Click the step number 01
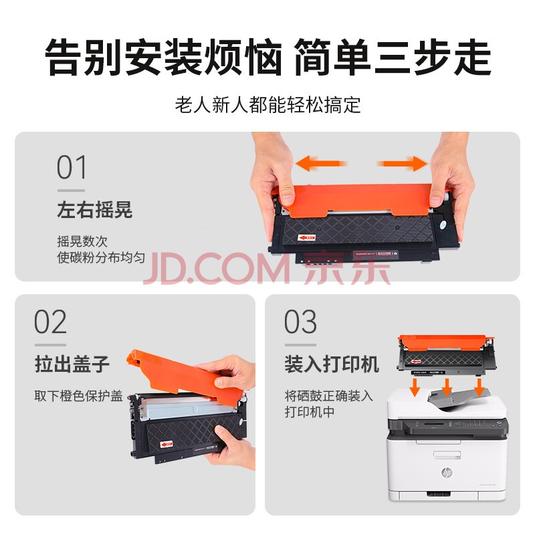click(x=72, y=167)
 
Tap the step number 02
click(x=51, y=322)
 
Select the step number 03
click(x=300, y=322)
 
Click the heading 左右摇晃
click(x=94, y=209)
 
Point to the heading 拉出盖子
click(x=72, y=364)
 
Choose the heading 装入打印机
click(x=332, y=364)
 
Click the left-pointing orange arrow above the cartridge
click(x=321, y=163)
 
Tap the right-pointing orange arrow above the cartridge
click(x=402, y=163)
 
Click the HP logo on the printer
click(x=447, y=472)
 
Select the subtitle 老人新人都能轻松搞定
click(x=268, y=104)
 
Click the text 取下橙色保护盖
click(x=78, y=396)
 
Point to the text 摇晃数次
click(x=82, y=241)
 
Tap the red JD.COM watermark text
click(x=217, y=268)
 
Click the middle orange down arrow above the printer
click(x=447, y=387)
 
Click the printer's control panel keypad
click(x=477, y=424)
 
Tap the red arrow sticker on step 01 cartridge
click(x=306, y=237)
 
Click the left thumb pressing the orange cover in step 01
click(x=288, y=197)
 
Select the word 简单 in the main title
click(x=332, y=57)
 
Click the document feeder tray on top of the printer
click(x=457, y=399)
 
